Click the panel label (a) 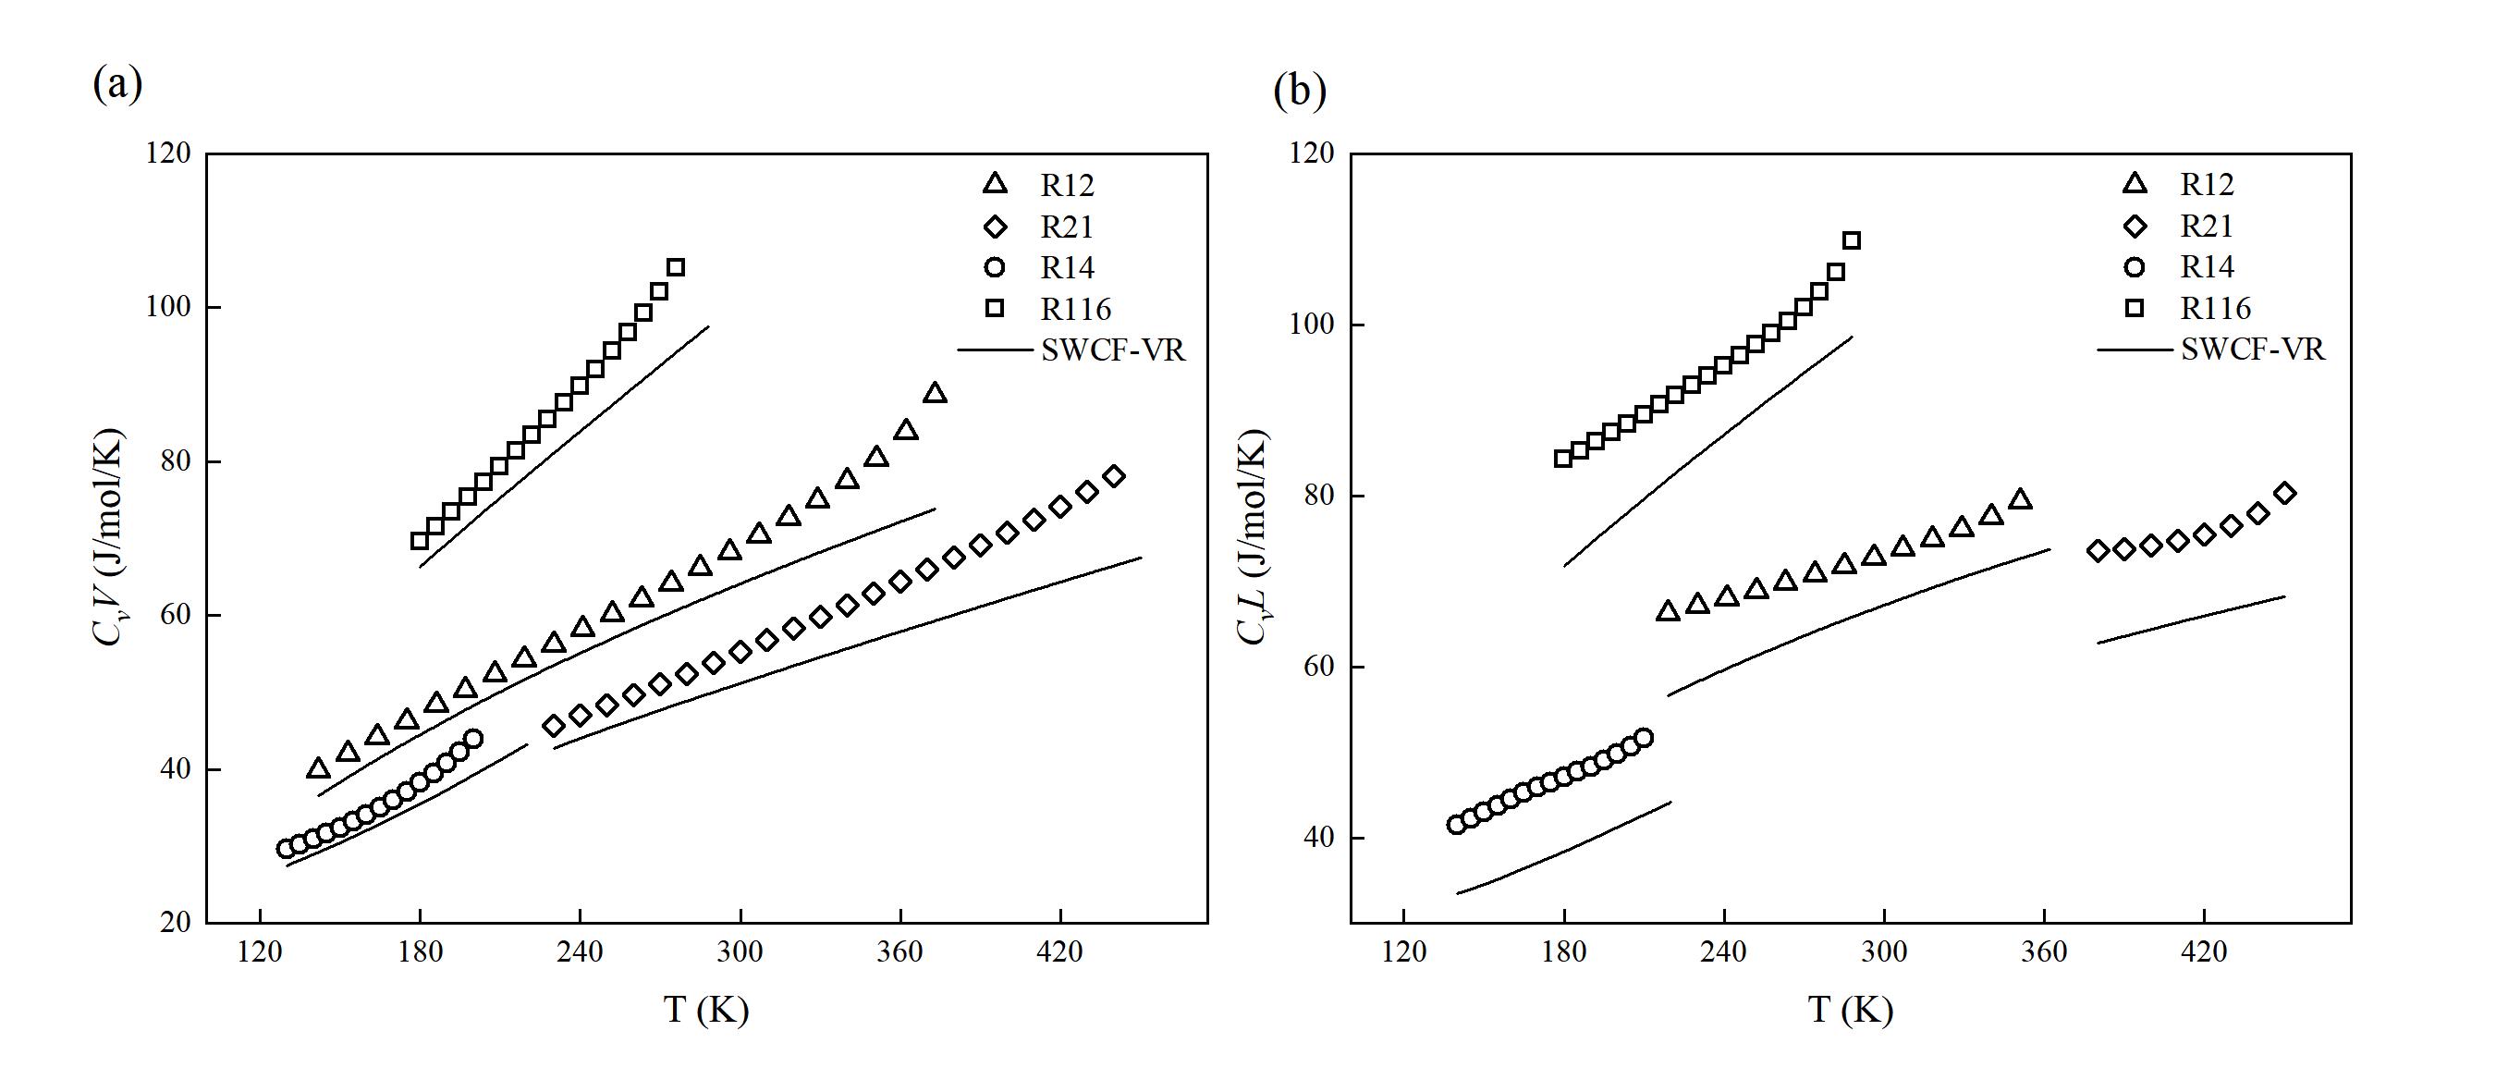[117, 84]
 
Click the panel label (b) [1300, 92]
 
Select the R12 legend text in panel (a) [1067, 185]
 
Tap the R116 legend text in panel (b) [2215, 308]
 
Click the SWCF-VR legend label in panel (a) [1113, 350]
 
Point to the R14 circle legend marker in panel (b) [2135, 267]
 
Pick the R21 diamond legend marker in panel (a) [995, 227]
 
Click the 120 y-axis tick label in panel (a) [167, 153]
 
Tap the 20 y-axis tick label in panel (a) [176, 922]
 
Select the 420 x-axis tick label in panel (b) [2203, 952]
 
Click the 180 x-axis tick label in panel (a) [420, 952]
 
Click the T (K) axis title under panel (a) [705, 1011]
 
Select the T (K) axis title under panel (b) [1850, 1011]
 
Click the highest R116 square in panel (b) [1851, 240]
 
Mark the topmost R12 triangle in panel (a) [935, 393]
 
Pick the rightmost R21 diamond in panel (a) [1113, 476]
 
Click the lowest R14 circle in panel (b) [1456, 825]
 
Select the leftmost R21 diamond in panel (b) [2098, 550]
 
